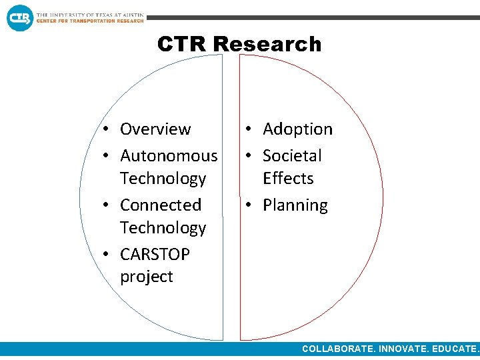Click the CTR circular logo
tap(19, 17)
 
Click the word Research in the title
tap(267, 44)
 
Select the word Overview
tap(155, 129)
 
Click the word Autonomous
tap(169, 155)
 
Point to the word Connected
tap(161, 205)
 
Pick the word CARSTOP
tap(155, 254)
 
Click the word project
tap(147, 277)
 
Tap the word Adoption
tap(297, 129)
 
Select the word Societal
tap(292, 155)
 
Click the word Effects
tap(288, 178)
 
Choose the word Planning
tap(295, 205)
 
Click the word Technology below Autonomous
tap(163, 178)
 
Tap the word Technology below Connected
tap(163, 227)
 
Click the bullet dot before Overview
tap(107, 129)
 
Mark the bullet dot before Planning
tap(249, 205)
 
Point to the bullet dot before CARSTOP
tap(107, 255)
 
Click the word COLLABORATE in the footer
tap(338, 349)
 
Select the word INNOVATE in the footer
tap(403, 349)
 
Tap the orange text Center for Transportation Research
tap(90, 21)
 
